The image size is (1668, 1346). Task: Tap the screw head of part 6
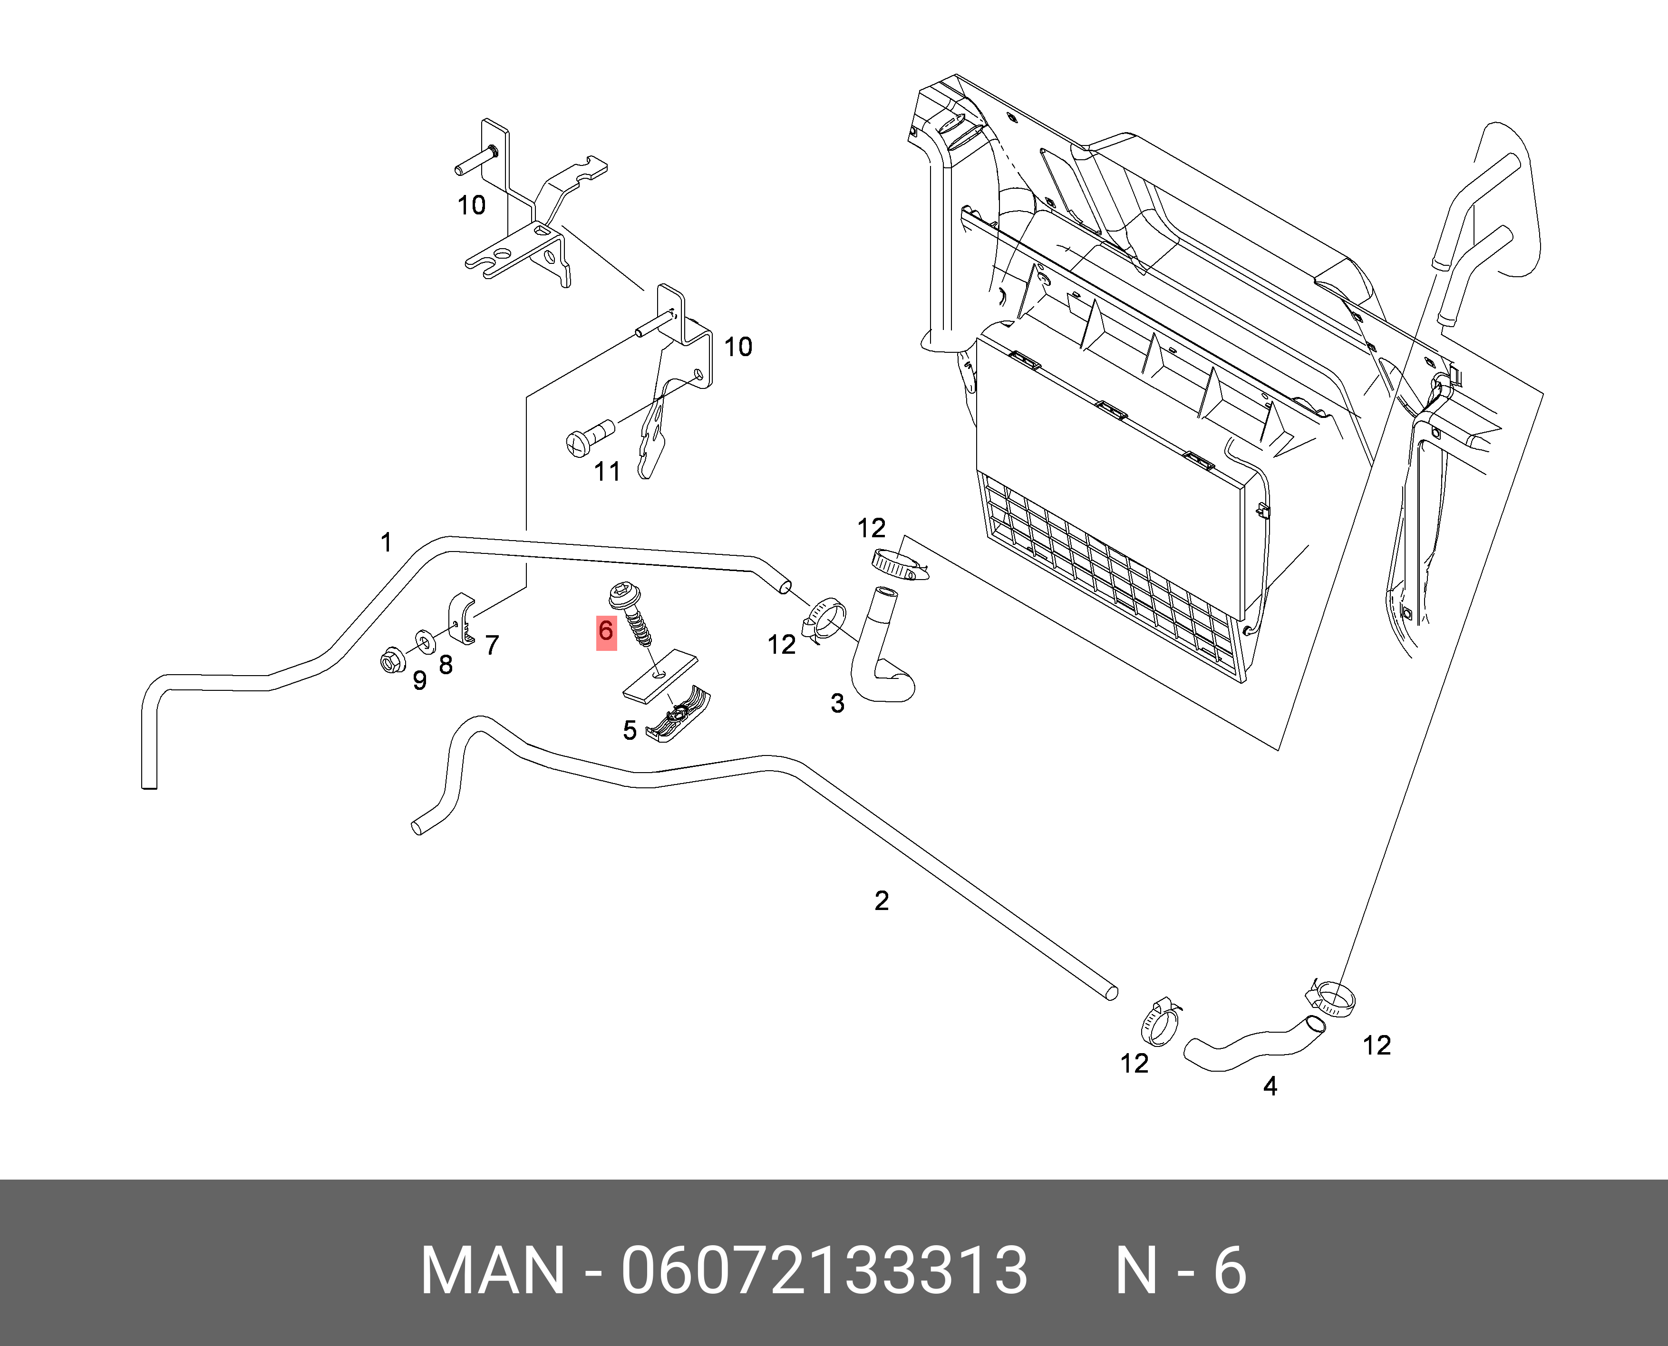[623, 595]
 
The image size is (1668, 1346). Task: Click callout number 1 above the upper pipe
[386, 543]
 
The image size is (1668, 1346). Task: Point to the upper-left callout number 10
[471, 205]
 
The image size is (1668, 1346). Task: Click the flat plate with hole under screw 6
[659, 675]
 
